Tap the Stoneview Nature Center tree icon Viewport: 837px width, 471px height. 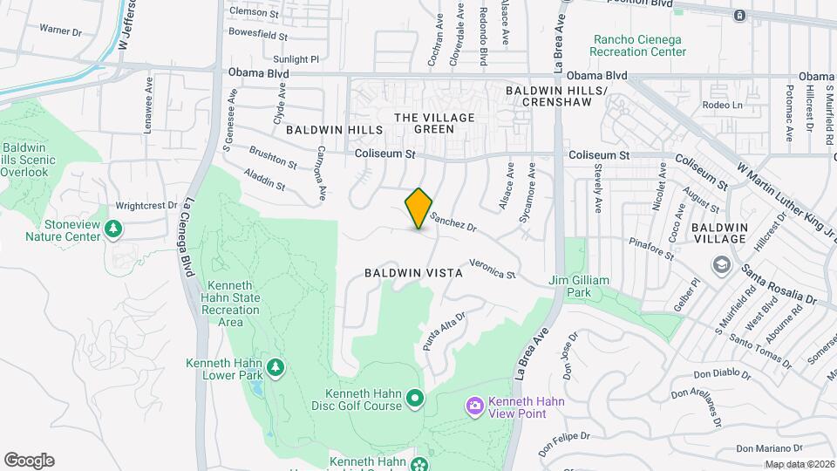coord(112,229)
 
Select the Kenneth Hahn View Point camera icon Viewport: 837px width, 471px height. coord(474,406)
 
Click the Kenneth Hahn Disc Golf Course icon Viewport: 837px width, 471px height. coord(415,399)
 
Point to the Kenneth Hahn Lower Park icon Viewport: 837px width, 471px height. coord(276,367)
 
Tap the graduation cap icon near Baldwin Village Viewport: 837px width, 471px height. coord(721,263)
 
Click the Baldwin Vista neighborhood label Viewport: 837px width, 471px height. coord(413,273)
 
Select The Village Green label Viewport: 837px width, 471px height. coord(434,123)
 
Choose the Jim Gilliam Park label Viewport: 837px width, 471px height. coord(579,287)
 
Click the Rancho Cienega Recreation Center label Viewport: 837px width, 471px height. coord(639,45)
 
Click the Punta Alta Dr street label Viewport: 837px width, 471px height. coord(445,331)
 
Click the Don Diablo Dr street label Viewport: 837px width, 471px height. coord(722,376)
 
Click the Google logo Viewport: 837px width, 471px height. coord(29,461)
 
